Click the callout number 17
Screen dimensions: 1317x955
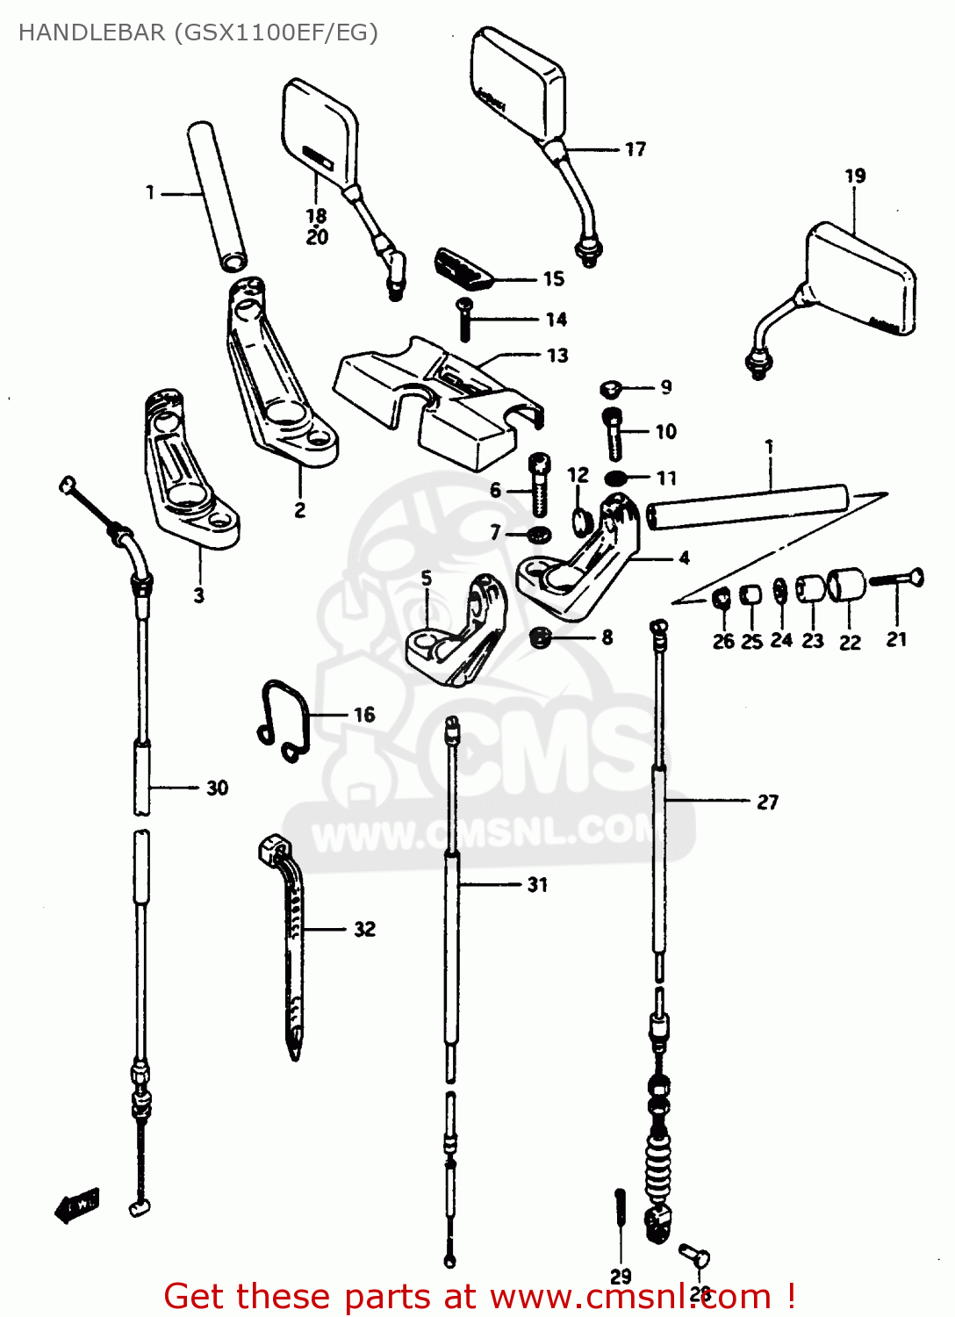click(635, 149)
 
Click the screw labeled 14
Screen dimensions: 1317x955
click(465, 319)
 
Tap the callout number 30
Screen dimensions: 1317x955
click(217, 788)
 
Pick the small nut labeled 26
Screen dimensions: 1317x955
click(721, 599)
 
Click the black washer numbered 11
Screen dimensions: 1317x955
click(616, 479)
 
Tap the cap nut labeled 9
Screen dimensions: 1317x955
click(612, 387)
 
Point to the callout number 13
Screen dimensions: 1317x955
click(557, 356)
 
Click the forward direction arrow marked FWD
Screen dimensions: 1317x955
click(77, 1205)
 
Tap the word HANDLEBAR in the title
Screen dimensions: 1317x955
click(91, 32)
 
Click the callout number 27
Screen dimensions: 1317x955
click(767, 802)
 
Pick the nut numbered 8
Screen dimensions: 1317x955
click(541, 637)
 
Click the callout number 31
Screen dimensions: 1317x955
click(537, 884)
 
